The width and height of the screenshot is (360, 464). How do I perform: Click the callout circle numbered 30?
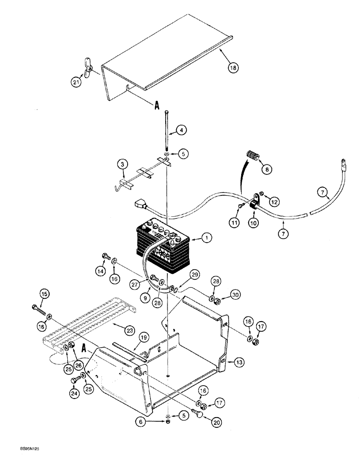click(237, 295)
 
